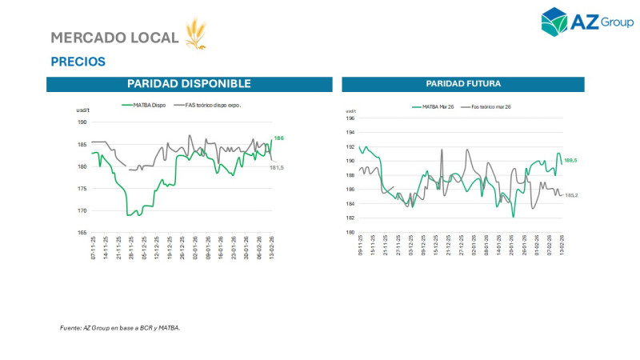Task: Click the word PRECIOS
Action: click(x=78, y=62)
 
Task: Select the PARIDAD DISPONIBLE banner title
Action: click(x=189, y=84)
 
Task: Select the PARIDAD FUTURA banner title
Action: click(x=463, y=84)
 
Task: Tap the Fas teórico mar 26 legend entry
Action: click(x=490, y=106)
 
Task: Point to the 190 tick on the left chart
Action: click(x=82, y=122)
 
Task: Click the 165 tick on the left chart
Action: click(x=82, y=233)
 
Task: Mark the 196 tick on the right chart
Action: click(x=350, y=118)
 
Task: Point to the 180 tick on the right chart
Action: click(x=350, y=233)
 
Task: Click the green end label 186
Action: click(x=279, y=138)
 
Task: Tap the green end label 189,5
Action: click(x=571, y=161)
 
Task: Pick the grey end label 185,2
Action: click(x=571, y=195)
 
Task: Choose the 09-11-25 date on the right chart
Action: click(x=362, y=244)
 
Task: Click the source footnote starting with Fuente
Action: click(x=120, y=327)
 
